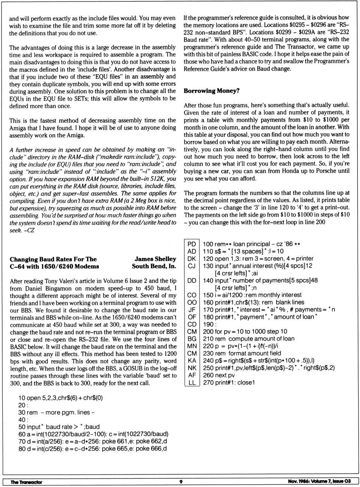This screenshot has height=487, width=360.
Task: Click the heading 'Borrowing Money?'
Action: tap(211, 91)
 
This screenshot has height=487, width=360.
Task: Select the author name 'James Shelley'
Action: tap(155, 259)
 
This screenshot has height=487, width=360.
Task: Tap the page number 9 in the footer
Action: tap(181, 481)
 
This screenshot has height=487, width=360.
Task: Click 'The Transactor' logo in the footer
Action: tap(26, 482)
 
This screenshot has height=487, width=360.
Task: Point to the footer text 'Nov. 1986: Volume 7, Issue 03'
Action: tap(319, 481)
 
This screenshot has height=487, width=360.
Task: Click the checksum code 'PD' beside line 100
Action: tap(192, 244)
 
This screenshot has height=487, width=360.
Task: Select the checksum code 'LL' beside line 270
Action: tap(192, 382)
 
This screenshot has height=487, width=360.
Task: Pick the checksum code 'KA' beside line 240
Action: tap(192, 361)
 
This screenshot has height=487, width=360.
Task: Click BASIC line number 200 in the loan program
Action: tap(208, 331)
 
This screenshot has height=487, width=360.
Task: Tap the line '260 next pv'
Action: tap(219, 375)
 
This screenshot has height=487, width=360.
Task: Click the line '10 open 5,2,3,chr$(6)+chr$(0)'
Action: tap(60, 398)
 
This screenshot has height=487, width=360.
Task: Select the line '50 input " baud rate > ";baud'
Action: tap(59, 427)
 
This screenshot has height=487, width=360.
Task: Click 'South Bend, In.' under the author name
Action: tap(154, 267)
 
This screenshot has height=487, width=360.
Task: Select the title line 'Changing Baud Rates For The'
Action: tap(53, 259)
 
